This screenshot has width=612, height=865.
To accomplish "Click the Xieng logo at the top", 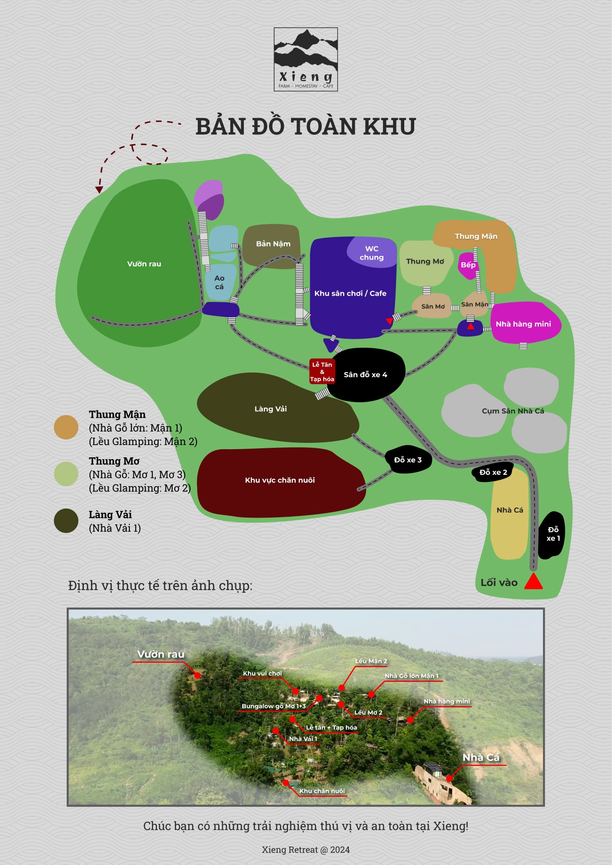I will pos(306,59).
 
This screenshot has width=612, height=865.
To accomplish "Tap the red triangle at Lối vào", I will pos(534,582).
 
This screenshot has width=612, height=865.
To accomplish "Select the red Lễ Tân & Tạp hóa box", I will pos(322,372).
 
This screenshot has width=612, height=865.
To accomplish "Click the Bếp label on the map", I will pos(468,265).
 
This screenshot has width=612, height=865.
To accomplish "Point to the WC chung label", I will pos(371,253).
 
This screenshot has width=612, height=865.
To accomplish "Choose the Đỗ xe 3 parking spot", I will pos(408,460).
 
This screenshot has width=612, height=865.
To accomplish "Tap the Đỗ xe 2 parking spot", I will pos(493,472).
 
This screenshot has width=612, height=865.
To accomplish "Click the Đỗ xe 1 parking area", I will pos(553,534).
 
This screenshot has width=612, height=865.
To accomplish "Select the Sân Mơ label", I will pos(433,306).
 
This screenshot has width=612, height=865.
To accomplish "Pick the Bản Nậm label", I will pos(273,244).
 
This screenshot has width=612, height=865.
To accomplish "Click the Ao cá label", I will pos(219,282).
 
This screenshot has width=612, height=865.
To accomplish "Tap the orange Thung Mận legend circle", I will pos(66,427).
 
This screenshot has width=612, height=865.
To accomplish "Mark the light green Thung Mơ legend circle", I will pos(66,473).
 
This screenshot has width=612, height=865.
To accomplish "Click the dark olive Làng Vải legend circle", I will pos(66,521).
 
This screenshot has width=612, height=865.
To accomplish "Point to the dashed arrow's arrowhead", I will pos(99,190).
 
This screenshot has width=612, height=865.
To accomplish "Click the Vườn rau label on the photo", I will pos(160,654).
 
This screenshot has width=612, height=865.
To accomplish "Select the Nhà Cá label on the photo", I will pos(481,758).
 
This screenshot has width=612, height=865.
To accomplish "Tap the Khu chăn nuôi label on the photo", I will pos(322,791).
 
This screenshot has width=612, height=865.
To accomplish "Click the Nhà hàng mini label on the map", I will pos(523,324).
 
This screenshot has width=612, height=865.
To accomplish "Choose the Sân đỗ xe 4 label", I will pos(365,375).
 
